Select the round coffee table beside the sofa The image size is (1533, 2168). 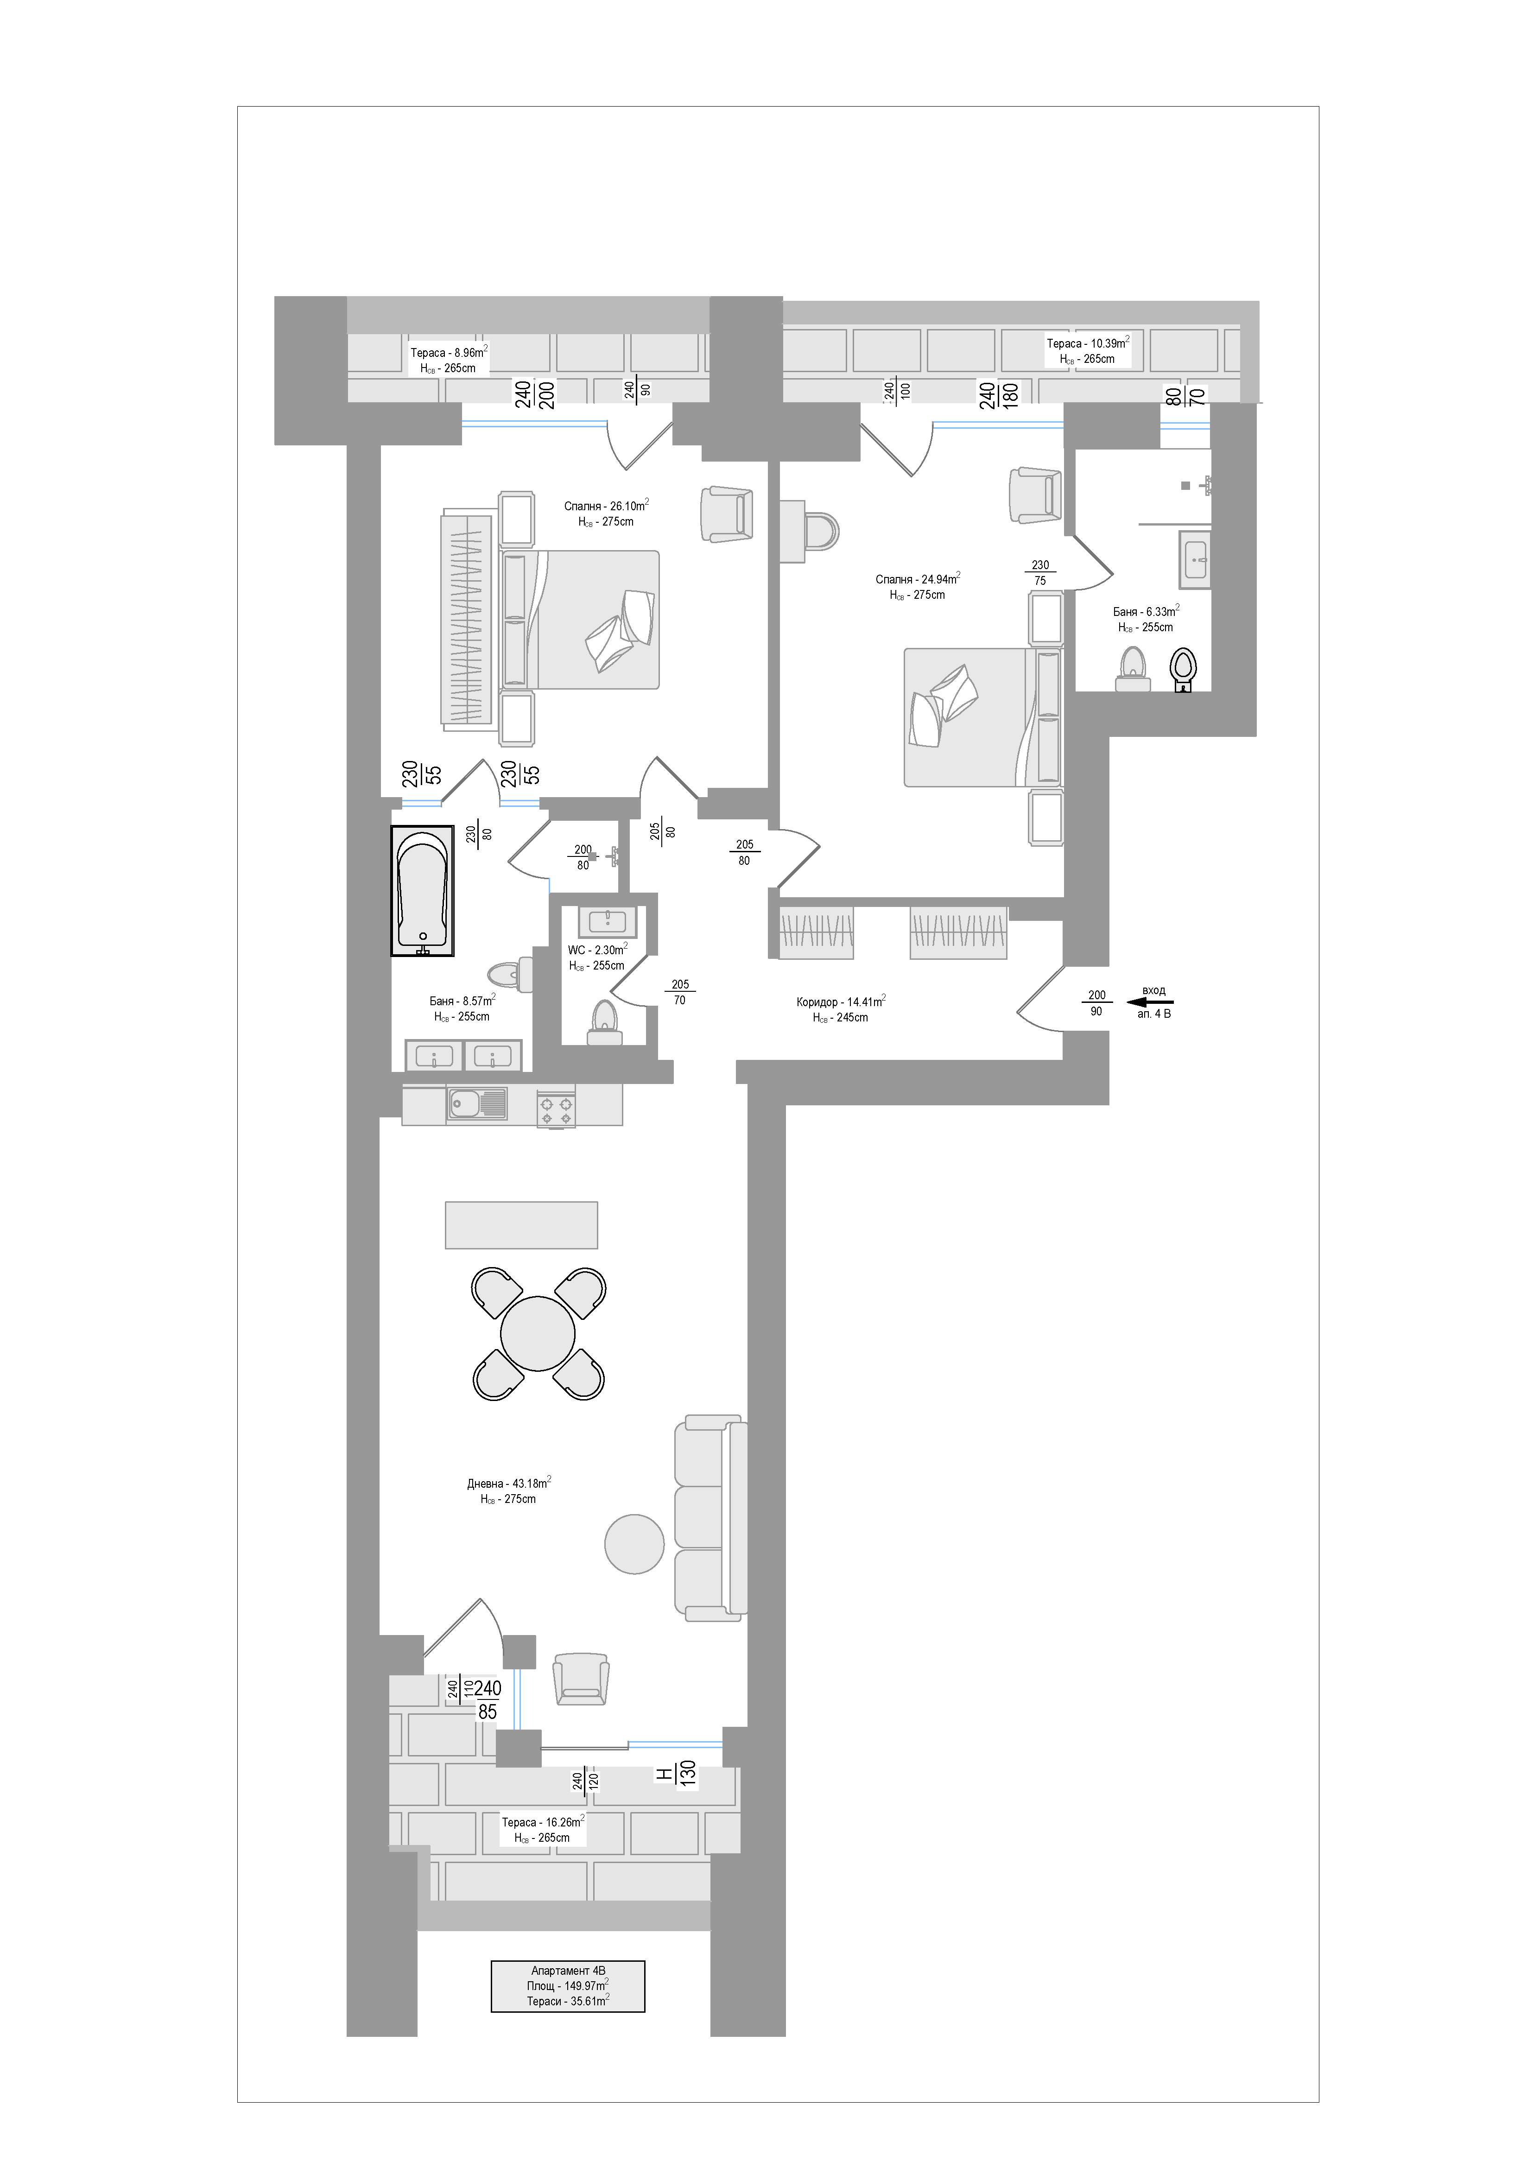point(634,1544)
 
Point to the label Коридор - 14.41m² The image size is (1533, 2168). point(840,1002)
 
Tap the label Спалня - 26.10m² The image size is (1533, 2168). point(606,506)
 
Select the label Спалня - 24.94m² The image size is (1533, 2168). point(917,579)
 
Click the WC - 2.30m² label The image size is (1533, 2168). point(596,950)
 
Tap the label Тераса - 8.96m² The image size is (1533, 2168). point(449,352)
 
